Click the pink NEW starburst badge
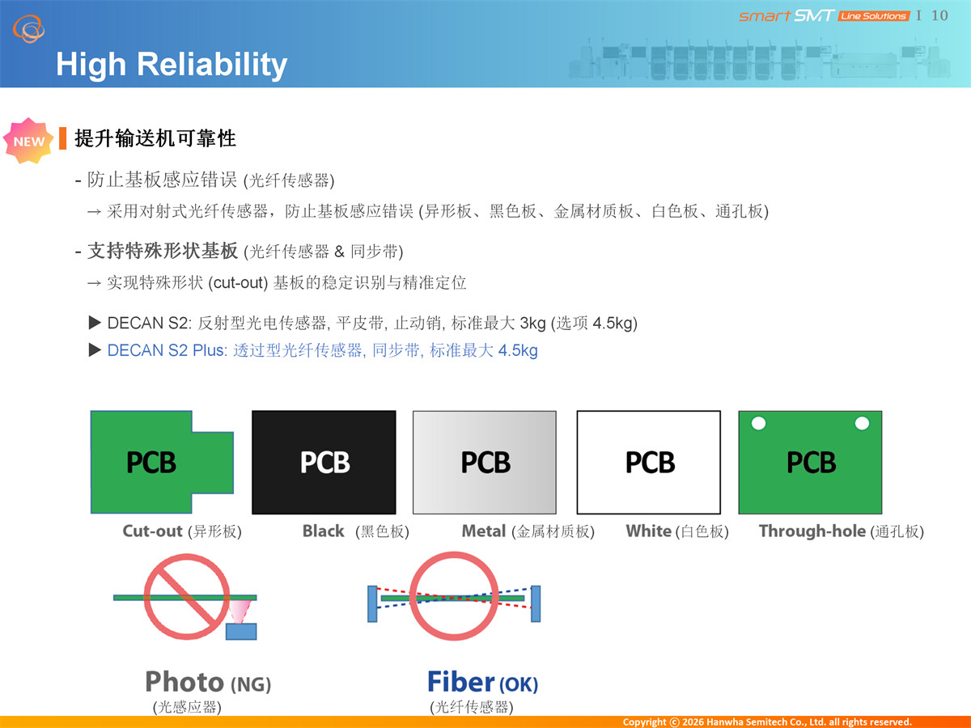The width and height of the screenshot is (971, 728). tap(28, 141)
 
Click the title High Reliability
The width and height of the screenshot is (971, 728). tap(172, 65)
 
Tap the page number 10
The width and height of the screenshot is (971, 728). tap(939, 15)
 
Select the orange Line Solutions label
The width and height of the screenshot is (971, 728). tap(874, 16)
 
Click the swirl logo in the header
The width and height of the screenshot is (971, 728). tap(29, 29)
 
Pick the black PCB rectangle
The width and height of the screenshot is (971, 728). tap(324, 462)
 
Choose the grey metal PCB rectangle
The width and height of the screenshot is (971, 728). tap(485, 462)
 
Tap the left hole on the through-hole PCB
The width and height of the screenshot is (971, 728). tap(759, 423)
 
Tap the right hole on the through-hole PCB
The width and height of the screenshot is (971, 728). tap(862, 423)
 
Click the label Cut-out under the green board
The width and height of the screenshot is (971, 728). tap(152, 531)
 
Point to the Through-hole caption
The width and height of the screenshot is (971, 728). tap(812, 531)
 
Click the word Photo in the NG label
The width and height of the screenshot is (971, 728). tap(184, 682)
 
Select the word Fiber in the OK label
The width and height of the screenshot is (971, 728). tap(460, 682)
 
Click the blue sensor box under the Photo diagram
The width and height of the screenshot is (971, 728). tap(241, 631)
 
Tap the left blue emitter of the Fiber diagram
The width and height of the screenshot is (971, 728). tap(372, 603)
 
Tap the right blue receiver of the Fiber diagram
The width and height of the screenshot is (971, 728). tap(536, 603)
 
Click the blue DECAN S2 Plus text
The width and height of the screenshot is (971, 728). tap(167, 350)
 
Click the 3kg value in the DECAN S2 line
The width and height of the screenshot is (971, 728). tap(532, 323)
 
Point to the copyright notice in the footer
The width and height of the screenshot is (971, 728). tap(767, 722)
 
